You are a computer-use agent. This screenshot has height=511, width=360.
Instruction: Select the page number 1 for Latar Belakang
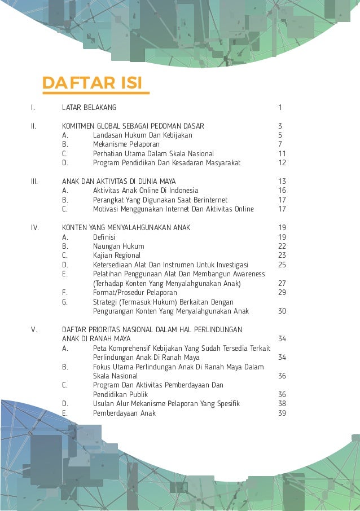280,107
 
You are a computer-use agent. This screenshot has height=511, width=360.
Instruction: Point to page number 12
282,162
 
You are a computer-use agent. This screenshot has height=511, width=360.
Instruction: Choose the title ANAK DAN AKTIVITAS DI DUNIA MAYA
118,181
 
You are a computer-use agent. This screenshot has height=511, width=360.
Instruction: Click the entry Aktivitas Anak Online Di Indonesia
146,191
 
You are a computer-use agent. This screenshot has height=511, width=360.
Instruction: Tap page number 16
282,191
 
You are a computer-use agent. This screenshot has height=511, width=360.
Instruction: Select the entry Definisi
104,237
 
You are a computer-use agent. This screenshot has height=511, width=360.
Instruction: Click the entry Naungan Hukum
118,246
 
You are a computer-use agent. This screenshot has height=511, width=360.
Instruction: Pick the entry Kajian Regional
117,255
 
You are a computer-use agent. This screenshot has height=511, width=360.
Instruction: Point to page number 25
282,265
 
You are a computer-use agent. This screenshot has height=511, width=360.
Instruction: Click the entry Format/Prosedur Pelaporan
135,292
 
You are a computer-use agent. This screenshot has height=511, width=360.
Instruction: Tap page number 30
282,311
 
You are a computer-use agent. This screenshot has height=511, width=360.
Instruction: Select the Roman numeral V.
33,329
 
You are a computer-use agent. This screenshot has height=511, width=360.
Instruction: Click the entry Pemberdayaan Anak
124,413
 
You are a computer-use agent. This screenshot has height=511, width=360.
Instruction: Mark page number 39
282,413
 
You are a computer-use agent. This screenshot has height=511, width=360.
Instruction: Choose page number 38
282,403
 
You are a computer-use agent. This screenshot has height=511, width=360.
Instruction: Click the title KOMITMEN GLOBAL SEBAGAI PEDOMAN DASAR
133,126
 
